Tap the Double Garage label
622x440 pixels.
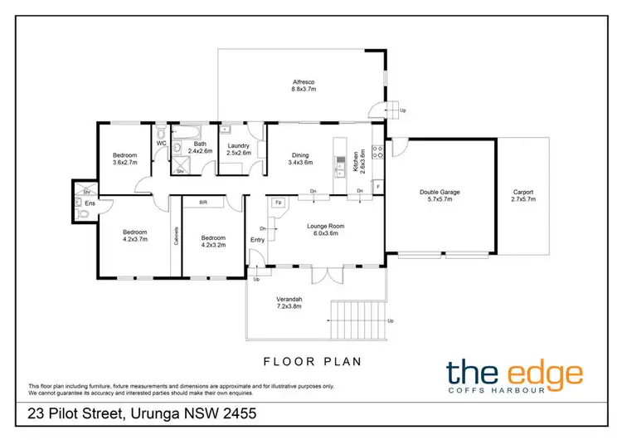pyautogui.click(x=438, y=196)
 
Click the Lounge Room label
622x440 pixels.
pyautogui.click(x=326, y=230)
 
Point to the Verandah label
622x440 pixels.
pyautogui.click(x=289, y=304)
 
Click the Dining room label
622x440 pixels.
pyautogui.click(x=299, y=158)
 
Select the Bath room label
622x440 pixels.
pyautogui.click(x=200, y=149)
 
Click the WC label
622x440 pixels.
pyautogui.click(x=163, y=144)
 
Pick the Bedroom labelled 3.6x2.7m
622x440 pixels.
pyautogui.click(x=126, y=159)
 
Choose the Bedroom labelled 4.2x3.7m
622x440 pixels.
pyautogui.click(x=134, y=237)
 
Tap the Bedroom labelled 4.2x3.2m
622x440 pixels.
pyautogui.click(x=213, y=241)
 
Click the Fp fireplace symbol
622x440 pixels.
pyautogui.click(x=278, y=202)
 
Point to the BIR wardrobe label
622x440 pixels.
pyautogui.click(x=202, y=202)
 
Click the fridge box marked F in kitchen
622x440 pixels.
pyautogui.click(x=377, y=185)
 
